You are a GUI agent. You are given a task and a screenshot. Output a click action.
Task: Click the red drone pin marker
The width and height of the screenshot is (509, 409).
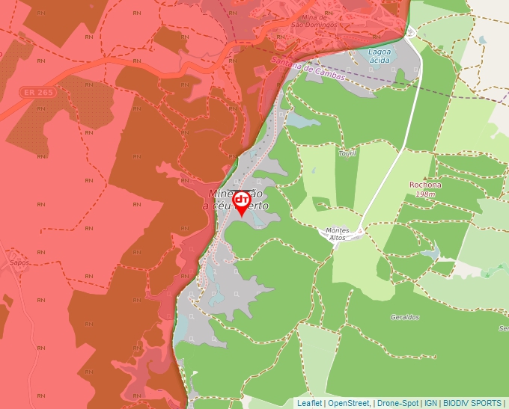(x=241, y=203)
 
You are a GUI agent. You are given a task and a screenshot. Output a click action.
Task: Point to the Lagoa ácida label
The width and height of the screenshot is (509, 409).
(x=380, y=55)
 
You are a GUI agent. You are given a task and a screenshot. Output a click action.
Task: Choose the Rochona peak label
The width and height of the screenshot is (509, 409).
(x=425, y=185)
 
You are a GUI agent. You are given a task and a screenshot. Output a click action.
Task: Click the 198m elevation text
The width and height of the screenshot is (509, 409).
(x=425, y=194)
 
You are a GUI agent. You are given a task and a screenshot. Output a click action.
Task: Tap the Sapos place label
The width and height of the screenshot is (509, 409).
(x=19, y=263)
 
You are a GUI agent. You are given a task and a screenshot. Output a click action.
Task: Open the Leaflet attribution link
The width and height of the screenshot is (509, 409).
(x=309, y=403)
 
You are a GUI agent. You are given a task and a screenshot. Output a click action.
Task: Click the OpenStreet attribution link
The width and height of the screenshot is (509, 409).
(x=349, y=403)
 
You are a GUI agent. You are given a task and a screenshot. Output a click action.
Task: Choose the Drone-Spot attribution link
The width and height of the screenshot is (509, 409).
(x=397, y=403)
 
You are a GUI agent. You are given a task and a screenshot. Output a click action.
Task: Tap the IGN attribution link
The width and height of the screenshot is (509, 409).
(x=430, y=403)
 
